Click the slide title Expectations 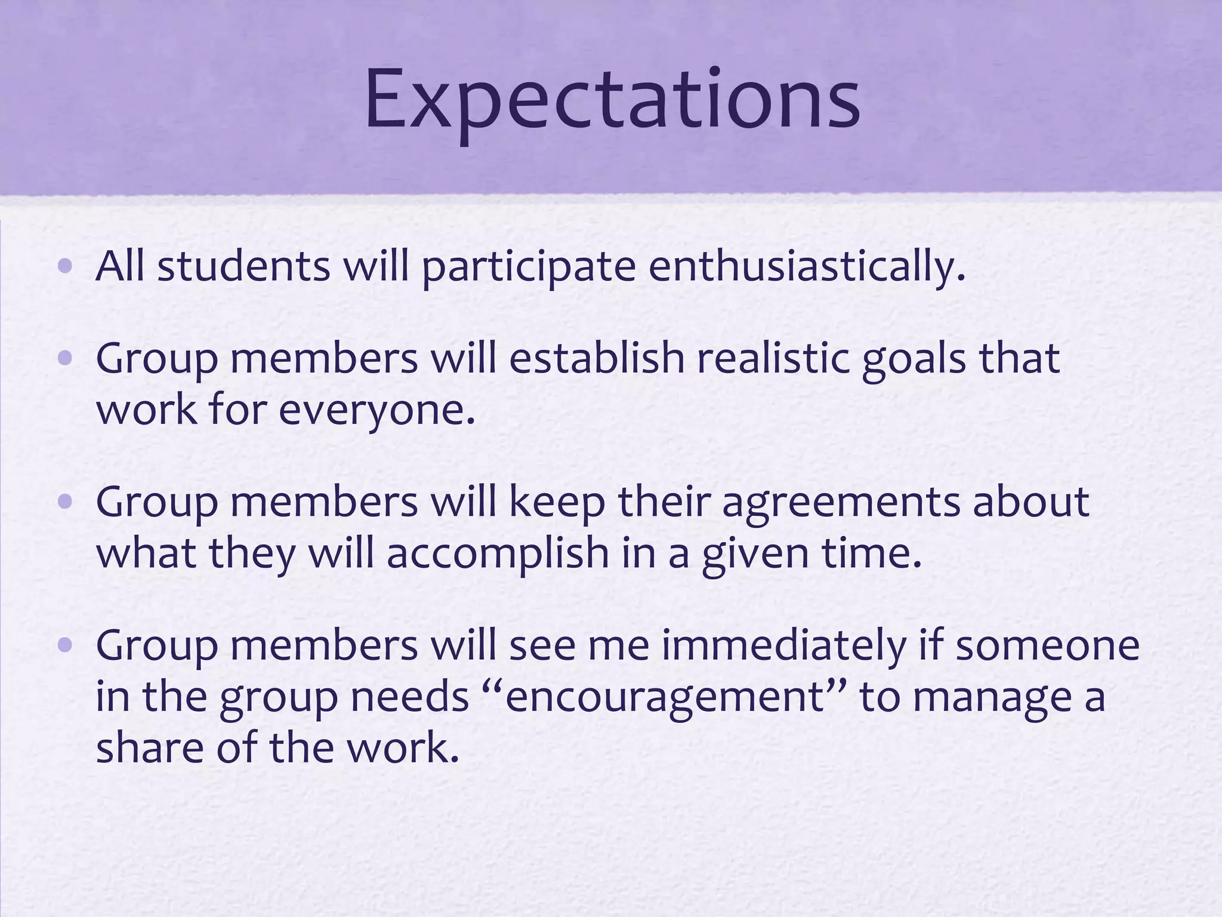point(612,100)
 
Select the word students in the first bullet point(243,266)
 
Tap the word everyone point(377,411)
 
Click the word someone point(1048,647)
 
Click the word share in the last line point(150,747)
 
